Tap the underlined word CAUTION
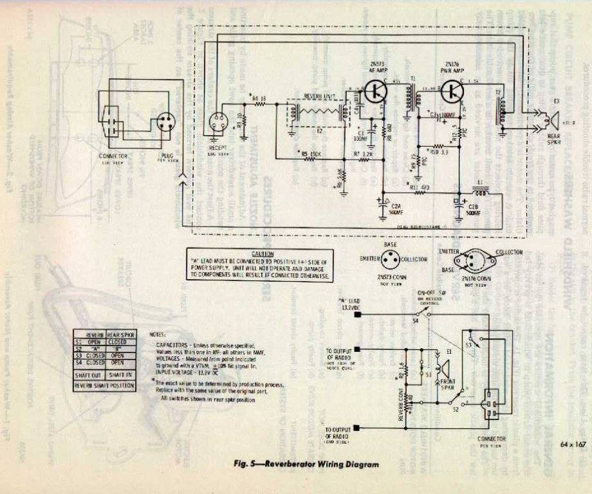[x=263, y=254]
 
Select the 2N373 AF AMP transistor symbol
[x=375, y=92]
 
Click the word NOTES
[x=157, y=335]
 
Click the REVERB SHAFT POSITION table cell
[x=104, y=385]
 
